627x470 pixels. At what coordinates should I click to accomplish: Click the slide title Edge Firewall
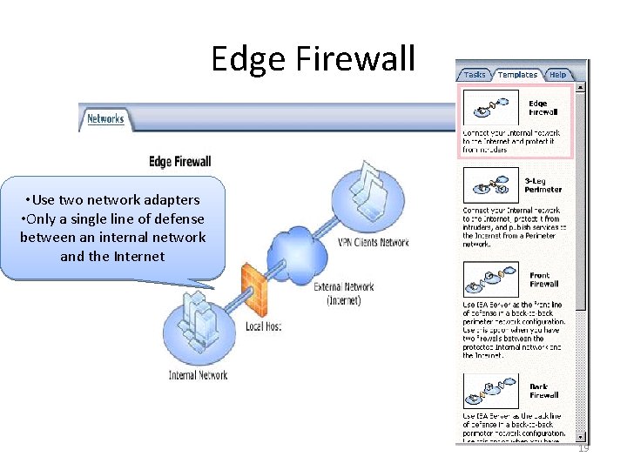point(313,59)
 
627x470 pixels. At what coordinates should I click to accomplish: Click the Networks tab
point(105,118)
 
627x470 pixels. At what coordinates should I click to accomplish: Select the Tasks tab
point(475,75)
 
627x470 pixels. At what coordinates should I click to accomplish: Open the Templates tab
point(517,75)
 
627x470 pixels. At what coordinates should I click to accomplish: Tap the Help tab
point(557,75)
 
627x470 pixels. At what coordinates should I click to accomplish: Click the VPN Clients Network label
point(373,242)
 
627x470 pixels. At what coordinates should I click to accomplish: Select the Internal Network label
point(198,375)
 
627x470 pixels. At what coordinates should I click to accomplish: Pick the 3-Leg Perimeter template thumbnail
point(491,185)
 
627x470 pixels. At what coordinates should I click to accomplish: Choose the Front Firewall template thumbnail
point(491,280)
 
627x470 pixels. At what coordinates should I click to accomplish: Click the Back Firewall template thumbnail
point(491,390)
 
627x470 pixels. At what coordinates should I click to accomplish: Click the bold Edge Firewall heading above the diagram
point(180,162)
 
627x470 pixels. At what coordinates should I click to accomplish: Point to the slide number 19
point(583,448)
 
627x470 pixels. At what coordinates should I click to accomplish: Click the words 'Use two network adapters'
point(113,200)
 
